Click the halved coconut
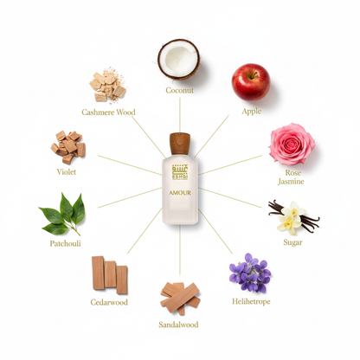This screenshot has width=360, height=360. click(x=179, y=59)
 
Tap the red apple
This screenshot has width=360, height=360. click(x=250, y=81)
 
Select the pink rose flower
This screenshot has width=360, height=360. click(x=291, y=145)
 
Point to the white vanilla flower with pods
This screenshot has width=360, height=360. click(x=292, y=217)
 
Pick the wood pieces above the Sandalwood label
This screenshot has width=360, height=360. click(x=180, y=296)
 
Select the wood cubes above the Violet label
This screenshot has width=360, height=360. click(x=68, y=147)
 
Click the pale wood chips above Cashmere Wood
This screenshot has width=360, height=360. click(x=109, y=86)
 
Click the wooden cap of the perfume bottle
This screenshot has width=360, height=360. click(x=179, y=141)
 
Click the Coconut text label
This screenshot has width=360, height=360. click(x=179, y=91)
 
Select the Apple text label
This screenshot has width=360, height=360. click(x=252, y=112)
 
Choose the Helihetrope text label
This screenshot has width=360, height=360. click(x=251, y=302)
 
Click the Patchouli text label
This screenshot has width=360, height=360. click(x=66, y=245)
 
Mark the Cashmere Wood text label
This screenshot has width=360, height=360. click(x=109, y=112)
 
